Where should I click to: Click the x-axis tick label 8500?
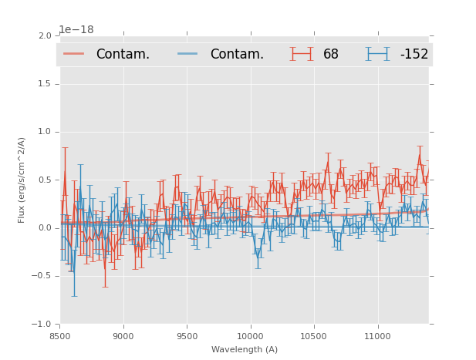point(60,336)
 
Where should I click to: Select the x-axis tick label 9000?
point(123,336)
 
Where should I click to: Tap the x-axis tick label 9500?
point(187,336)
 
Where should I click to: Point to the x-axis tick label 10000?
point(250,336)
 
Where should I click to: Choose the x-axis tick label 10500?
point(314,336)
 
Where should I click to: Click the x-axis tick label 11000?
point(377,336)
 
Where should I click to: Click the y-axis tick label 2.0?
point(45,35)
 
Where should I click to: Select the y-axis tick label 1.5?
point(45,84)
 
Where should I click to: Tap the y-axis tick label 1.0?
point(45,132)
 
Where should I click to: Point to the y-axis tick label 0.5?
point(45,180)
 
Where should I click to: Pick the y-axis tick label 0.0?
point(45,228)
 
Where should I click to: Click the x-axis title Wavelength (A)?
point(245,349)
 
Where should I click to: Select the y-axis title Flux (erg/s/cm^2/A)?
point(22,180)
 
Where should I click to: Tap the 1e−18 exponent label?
point(76,30)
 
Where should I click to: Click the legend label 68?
point(331,54)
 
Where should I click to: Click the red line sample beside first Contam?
point(74,53)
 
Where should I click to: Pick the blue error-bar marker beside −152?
point(378,53)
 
